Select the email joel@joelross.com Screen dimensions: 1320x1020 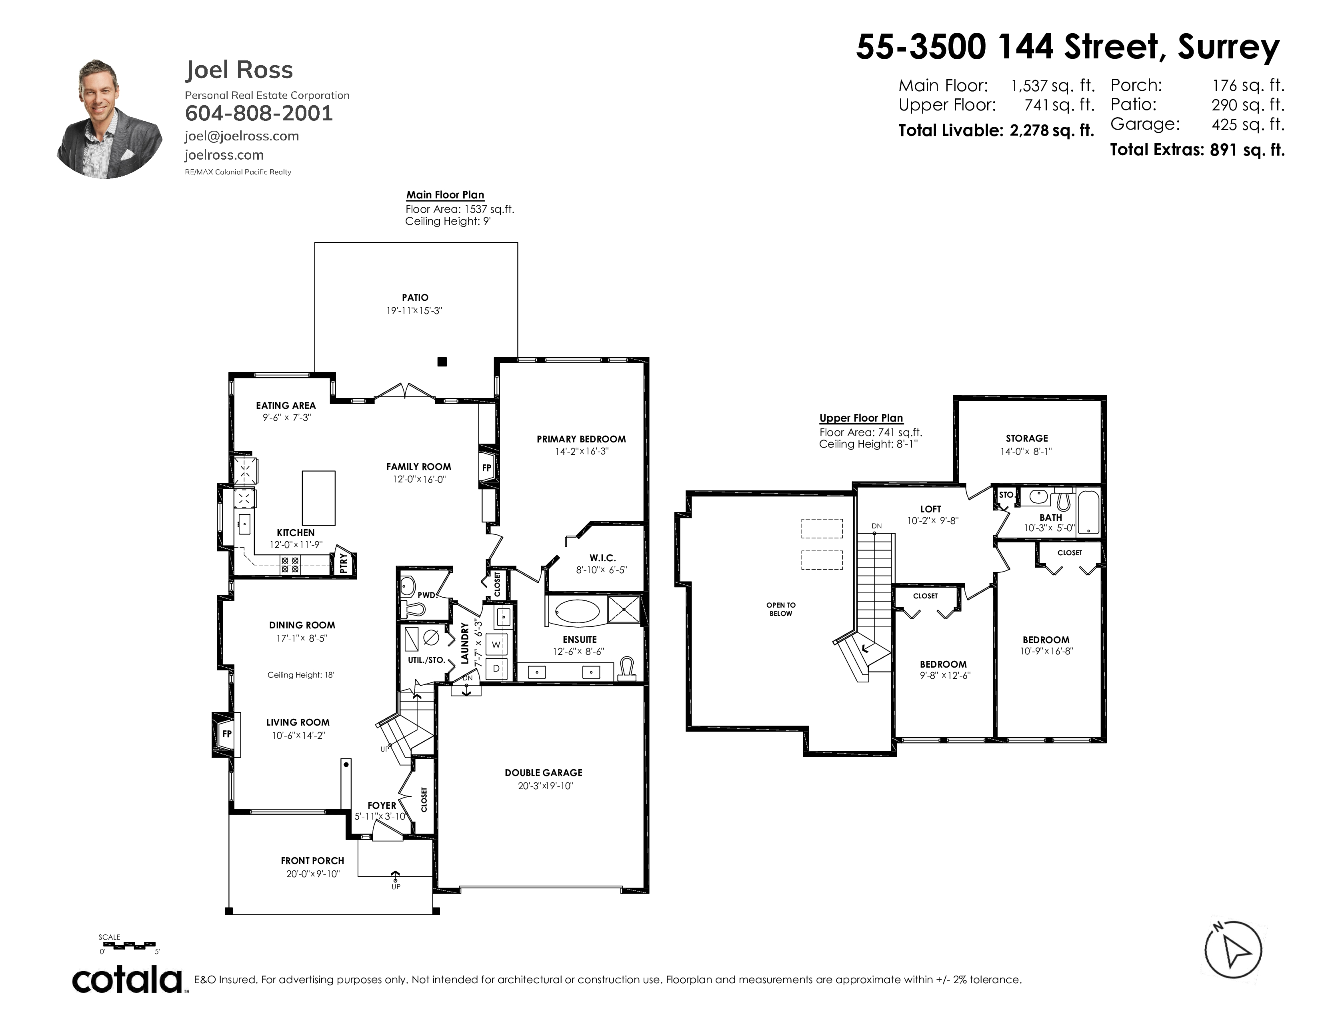(x=242, y=136)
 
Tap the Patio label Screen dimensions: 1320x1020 (x=415, y=297)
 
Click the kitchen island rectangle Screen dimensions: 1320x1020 (x=318, y=498)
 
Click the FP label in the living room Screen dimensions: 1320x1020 (x=227, y=734)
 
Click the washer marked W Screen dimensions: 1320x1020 (x=497, y=645)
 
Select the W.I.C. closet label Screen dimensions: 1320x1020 (x=602, y=558)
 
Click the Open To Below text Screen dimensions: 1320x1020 (x=781, y=609)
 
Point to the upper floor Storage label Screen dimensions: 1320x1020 (x=1027, y=438)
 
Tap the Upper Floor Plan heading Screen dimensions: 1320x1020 (x=861, y=418)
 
